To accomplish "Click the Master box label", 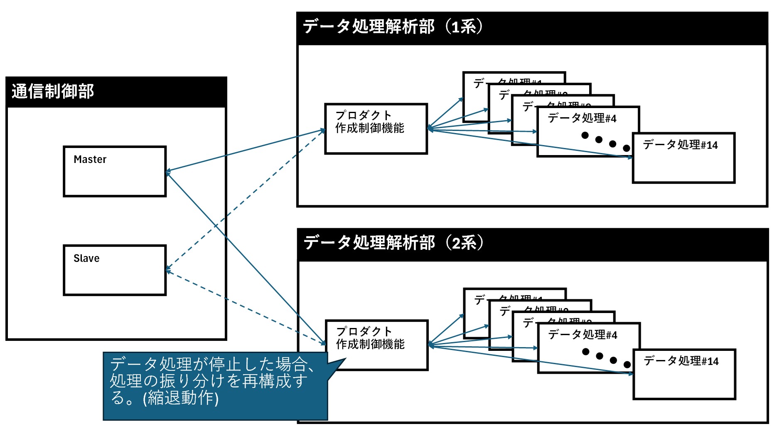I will point(90,160).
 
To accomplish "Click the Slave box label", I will point(86,259).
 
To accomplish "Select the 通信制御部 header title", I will point(53,91).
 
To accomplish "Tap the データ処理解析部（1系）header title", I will point(393,27).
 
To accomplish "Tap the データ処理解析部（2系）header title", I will point(393,243).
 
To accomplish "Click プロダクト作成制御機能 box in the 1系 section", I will point(376,129).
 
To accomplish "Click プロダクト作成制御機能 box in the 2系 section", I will point(376,345).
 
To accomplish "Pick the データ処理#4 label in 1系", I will point(582,118).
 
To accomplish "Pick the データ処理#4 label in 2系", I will point(582,335).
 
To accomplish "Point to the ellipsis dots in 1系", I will point(605,141).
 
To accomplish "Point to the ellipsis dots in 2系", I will point(606,358).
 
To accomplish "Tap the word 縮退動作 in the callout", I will point(182,398).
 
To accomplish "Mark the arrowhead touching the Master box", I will point(168,172).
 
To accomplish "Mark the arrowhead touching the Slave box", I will point(168,270).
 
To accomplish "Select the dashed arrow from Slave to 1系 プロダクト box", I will point(249,195).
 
